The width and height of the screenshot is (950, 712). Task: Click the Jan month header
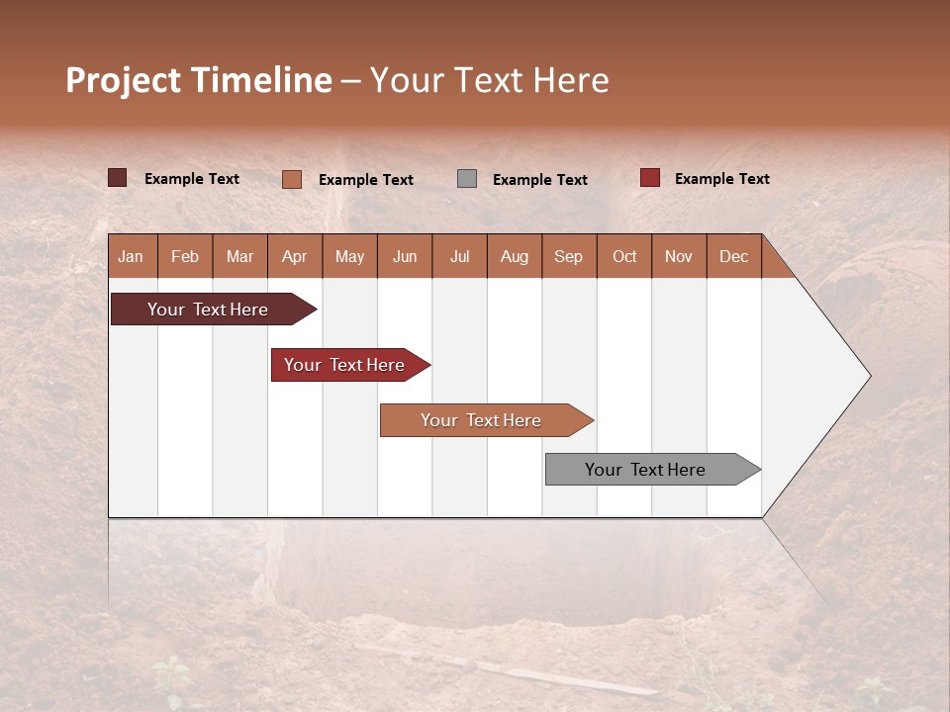[x=131, y=256]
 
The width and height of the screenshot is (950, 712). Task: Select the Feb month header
[x=185, y=256]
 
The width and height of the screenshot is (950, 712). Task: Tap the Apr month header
[x=294, y=256]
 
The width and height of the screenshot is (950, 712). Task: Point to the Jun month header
[x=405, y=256]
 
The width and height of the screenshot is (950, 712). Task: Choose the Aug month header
[x=514, y=256]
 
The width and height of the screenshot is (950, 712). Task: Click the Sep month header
[x=568, y=256]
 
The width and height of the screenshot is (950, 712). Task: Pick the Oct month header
[x=624, y=256]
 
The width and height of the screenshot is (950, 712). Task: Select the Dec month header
[x=733, y=256]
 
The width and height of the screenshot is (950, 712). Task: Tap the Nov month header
[x=679, y=256]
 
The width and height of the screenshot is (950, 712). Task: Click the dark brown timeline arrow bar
[x=209, y=310]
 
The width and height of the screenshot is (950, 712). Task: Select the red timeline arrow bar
[x=345, y=365]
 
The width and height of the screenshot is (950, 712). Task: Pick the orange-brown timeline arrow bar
[x=482, y=420]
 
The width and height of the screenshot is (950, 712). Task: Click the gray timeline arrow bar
[x=646, y=470]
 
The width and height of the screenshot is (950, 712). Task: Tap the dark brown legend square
[x=117, y=178]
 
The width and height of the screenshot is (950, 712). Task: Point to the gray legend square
[x=467, y=178]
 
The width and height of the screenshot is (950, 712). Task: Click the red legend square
[x=649, y=178]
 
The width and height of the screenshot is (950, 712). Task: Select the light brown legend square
[x=291, y=179]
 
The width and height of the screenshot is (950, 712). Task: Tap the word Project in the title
[x=123, y=80]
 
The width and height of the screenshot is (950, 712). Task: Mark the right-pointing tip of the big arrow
[x=869, y=375]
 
